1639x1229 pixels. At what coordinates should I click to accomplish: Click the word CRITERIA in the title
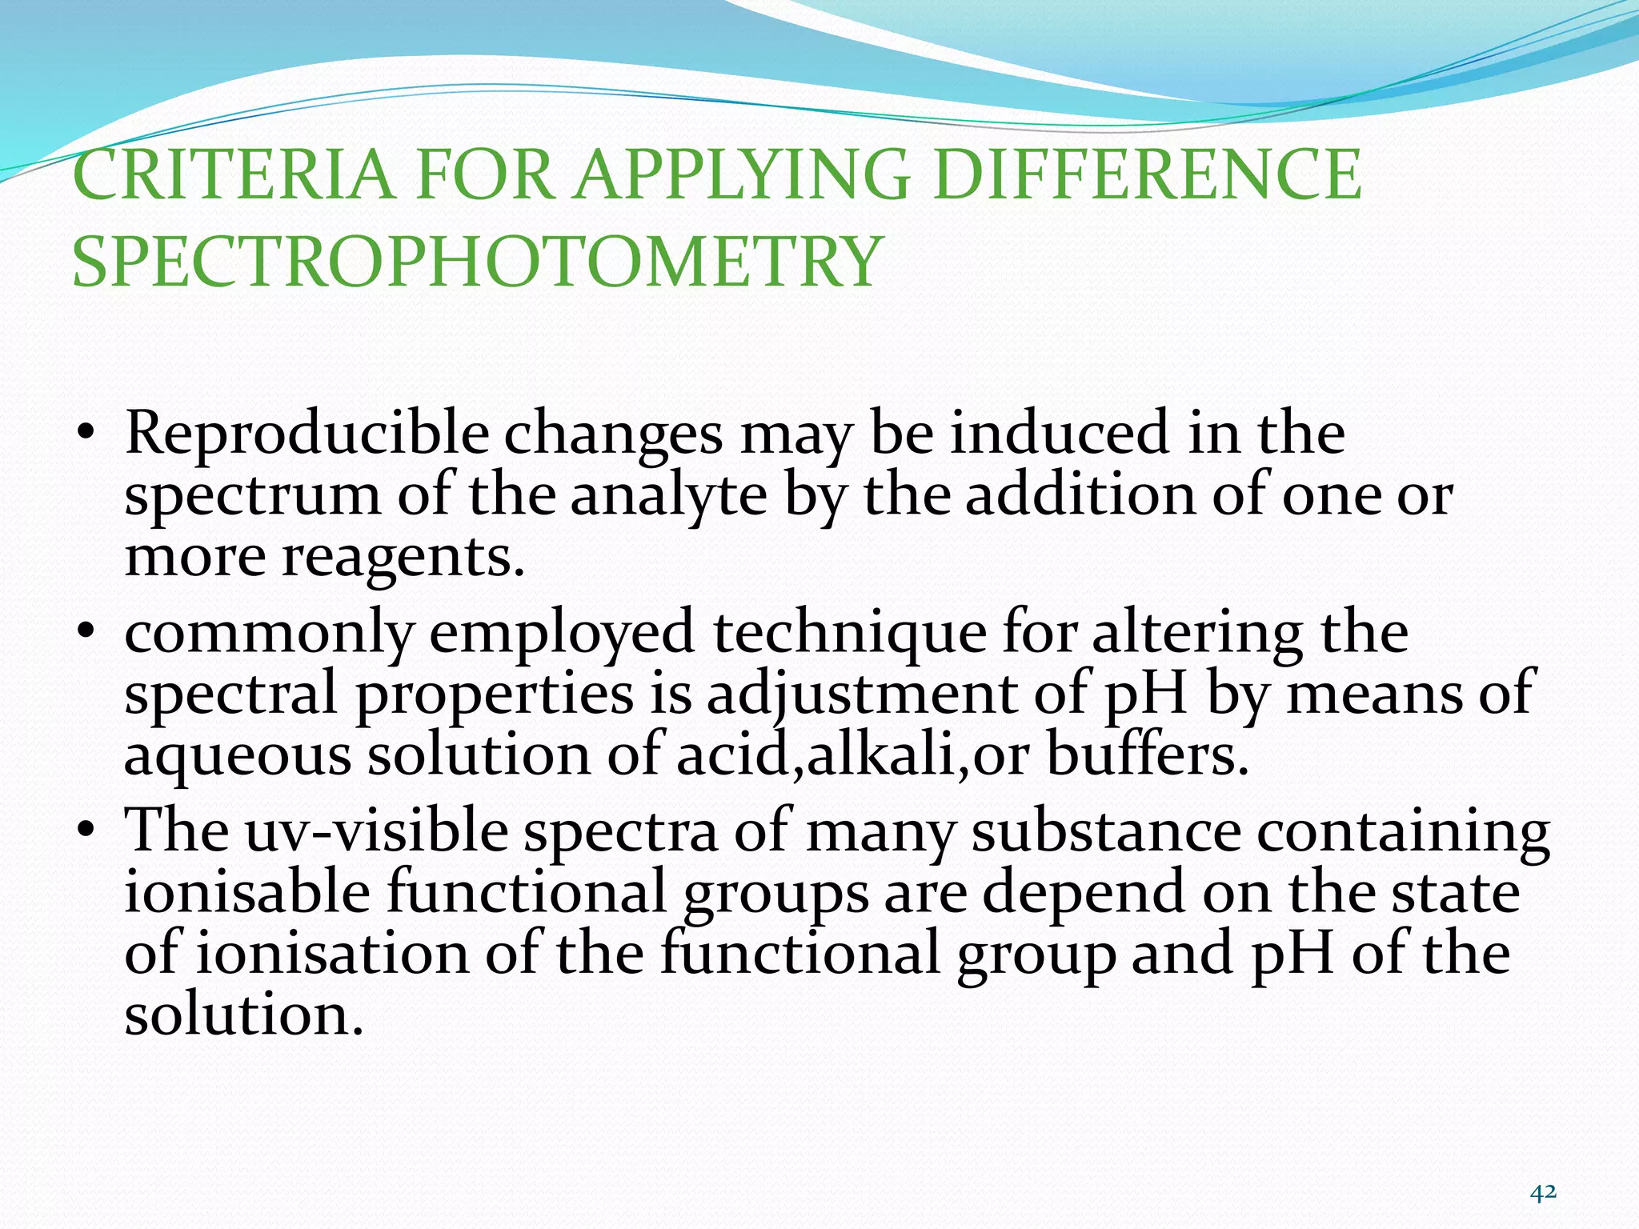pos(233,175)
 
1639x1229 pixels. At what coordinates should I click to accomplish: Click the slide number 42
pos(1543,1193)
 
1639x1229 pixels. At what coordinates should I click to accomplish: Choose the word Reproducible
pos(307,434)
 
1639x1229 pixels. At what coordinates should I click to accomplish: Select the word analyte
pos(668,496)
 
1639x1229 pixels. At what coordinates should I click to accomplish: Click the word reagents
pos(403,558)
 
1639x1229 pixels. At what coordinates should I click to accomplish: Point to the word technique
pos(849,633)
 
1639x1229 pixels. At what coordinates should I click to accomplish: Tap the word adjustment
pos(860,695)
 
